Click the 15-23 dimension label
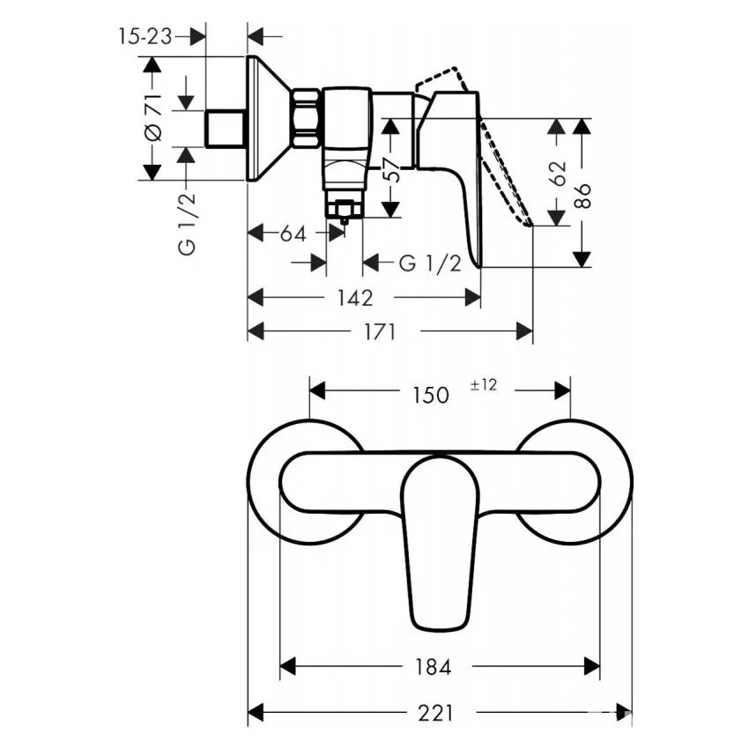(x=145, y=36)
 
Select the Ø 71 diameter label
(x=153, y=117)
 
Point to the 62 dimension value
(x=558, y=174)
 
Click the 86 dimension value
(x=582, y=196)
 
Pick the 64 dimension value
(x=293, y=234)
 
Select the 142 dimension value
(x=355, y=299)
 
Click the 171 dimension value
(x=381, y=331)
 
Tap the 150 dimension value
(x=431, y=395)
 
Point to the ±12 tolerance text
(x=484, y=384)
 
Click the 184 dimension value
(x=434, y=667)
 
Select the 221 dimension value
(x=435, y=713)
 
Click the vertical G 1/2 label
(x=187, y=225)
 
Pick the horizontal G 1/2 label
(x=430, y=263)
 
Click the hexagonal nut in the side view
(x=307, y=118)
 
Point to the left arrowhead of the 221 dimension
(x=256, y=713)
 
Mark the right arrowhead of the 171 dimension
(x=524, y=331)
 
